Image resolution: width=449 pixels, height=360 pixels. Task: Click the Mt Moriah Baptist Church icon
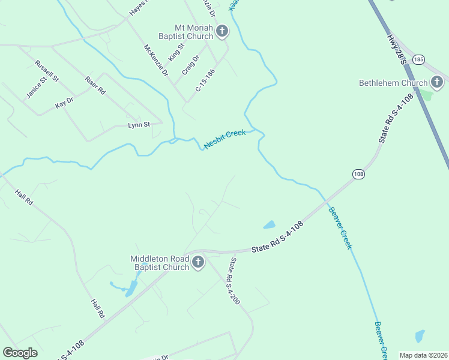[x=222, y=31]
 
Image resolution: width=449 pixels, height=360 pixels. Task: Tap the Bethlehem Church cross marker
[x=437, y=82]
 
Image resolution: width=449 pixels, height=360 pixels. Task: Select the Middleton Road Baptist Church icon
[x=198, y=262]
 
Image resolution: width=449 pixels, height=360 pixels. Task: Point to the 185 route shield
[x=419, y=59]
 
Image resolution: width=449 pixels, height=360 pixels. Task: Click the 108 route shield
[x=358, y=174]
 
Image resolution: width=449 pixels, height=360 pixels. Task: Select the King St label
[x=176, y=51]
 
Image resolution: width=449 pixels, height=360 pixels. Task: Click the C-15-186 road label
[x=205, y=80]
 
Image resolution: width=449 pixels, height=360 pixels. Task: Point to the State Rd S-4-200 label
[x=234, y=281]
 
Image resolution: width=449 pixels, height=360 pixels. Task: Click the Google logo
[x=20, y=353]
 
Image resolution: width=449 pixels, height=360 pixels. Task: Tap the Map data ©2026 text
[x=423, y=355]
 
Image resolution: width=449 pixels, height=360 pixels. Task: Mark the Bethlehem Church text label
[x=393, y=83]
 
